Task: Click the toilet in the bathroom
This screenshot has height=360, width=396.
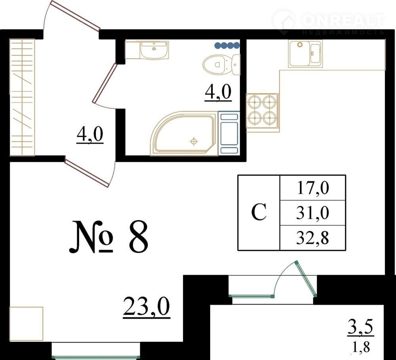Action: pos(221,64)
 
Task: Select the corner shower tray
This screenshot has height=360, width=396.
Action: pos(184,133)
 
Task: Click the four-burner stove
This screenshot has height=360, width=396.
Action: pos(263,113)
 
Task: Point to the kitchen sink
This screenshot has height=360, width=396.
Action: pos(305,53)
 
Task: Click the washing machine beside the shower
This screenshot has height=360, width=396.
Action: pos(229,133)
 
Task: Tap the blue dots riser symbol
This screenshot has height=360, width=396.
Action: pos(227,45)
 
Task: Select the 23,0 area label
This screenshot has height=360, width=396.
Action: pos(147,307)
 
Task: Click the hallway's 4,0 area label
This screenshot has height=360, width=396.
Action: pos(90,135)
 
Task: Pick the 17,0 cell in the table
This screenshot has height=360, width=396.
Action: pos(313,188)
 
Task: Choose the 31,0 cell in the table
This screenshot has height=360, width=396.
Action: pos(313,213)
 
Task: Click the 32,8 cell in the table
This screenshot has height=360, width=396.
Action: pos(313,238)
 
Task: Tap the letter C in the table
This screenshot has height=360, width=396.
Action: pos(259,212)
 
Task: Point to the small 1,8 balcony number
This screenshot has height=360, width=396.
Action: pos(361,348)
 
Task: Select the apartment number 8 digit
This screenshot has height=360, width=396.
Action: pos(138,237)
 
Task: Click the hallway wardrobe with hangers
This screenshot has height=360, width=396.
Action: pos(22,97)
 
